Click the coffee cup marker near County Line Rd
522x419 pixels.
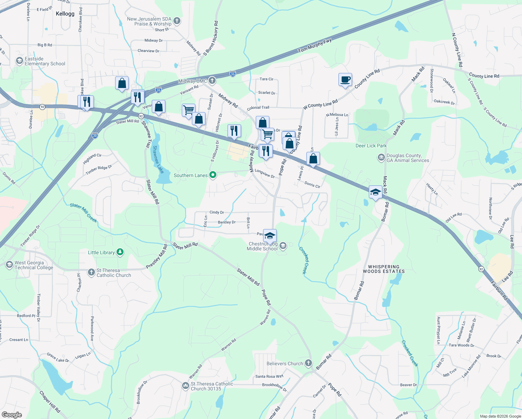345,80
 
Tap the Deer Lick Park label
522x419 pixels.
371,146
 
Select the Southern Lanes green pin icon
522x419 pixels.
213,175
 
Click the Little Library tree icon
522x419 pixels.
120,252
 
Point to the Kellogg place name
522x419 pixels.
65,14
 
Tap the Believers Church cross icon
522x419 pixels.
308,363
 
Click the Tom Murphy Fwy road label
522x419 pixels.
314,46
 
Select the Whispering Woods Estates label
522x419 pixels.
383,269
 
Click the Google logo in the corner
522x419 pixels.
12,414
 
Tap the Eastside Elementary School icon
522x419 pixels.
20,61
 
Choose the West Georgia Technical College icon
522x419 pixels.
9,265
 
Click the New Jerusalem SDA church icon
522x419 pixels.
177,21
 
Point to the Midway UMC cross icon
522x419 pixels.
212,81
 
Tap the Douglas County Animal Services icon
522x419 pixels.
381,158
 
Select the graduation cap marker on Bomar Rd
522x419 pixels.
375,192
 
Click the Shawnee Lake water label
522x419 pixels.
158,160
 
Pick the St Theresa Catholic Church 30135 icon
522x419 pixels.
185,386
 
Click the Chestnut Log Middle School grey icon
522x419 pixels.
283,246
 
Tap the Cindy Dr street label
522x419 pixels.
217,212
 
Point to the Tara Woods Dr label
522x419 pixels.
461,345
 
